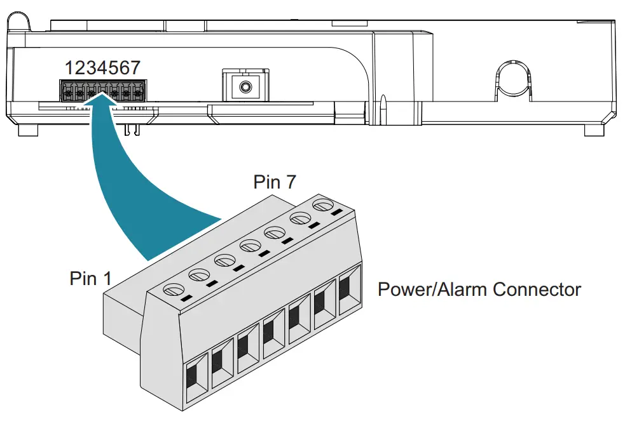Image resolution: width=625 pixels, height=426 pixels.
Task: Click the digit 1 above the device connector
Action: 69,68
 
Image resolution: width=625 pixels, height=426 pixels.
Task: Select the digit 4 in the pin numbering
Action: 102,68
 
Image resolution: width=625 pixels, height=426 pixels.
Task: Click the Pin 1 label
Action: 90,279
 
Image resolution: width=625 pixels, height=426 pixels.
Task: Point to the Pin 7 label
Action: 275,182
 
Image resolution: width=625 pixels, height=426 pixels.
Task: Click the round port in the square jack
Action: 241,85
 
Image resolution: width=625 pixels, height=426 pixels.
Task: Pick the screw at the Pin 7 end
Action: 322,205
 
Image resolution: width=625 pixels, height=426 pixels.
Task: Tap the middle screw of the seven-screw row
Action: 249,245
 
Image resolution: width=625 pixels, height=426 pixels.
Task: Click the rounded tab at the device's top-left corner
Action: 19,20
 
